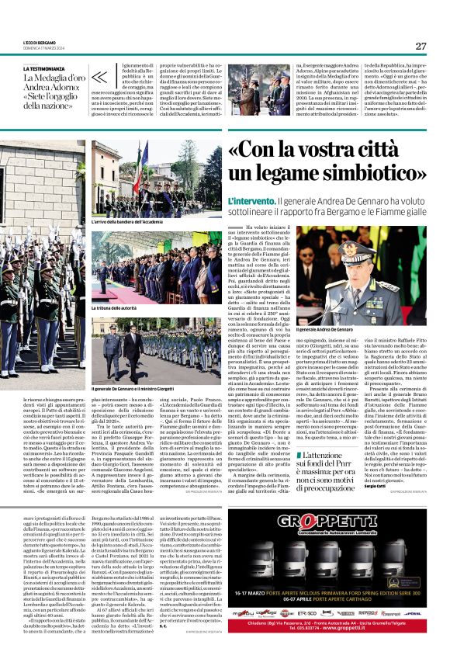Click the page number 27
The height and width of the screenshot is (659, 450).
[421, 46]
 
